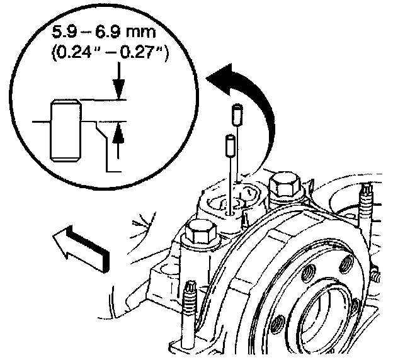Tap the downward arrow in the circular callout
pos(118,89)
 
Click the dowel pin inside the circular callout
pos(65,129)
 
